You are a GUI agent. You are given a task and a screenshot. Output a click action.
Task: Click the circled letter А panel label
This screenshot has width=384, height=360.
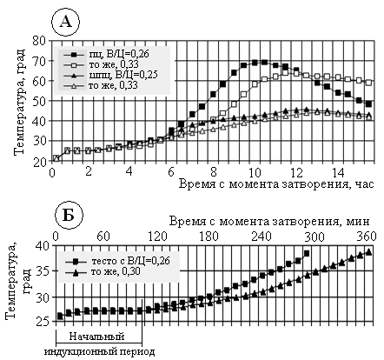click(x=65, y=22)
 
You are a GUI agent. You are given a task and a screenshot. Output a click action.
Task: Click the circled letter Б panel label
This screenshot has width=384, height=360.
click(x=69, y=216)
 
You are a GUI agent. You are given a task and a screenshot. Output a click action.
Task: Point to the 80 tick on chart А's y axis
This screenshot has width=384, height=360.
click(x=40, y=41)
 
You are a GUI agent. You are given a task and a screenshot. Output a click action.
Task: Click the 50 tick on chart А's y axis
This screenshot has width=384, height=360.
click(x=40, y=101)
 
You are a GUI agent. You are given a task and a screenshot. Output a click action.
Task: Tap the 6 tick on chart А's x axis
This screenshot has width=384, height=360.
click(x=172, y=172)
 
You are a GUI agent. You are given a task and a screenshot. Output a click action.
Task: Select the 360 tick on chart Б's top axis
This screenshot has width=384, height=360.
click(x=366, y=237)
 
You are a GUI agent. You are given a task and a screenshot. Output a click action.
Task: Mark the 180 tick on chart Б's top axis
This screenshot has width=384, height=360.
click(x=209, y=237)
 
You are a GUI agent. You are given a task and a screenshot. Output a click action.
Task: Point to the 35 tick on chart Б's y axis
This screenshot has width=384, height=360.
click(x=43, y=271)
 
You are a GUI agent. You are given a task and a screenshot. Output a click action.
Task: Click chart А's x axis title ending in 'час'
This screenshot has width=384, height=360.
click(x=276, y=183)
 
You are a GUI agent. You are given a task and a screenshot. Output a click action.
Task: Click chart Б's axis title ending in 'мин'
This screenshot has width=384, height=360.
click(x=269, y=222)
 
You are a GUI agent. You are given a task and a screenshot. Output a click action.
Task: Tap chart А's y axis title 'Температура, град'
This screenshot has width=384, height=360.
click(x=19, y=102)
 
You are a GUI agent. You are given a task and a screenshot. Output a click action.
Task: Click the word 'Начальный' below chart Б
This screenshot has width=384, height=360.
click(x=96, y=337)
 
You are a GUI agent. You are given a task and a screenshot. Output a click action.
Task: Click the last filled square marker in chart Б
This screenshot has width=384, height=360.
click(x=307, y=254)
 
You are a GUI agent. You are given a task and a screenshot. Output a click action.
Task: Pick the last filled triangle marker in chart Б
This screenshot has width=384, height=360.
click(x=368, y=252)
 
